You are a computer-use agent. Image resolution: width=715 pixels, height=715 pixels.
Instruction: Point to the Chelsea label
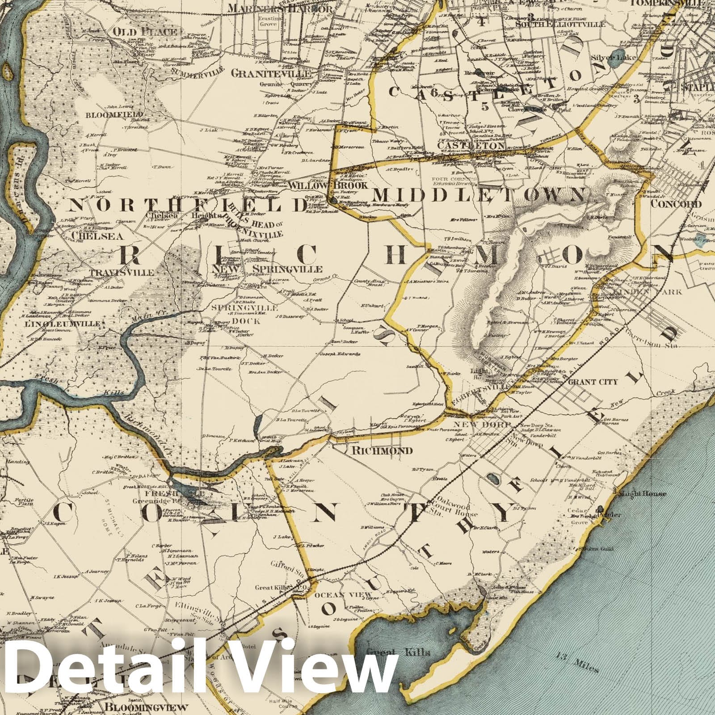[x=79, y=235]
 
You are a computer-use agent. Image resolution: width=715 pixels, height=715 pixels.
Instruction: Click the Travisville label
[x=122, y=272]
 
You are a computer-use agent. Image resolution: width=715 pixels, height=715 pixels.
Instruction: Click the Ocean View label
[x=343, y=595]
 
